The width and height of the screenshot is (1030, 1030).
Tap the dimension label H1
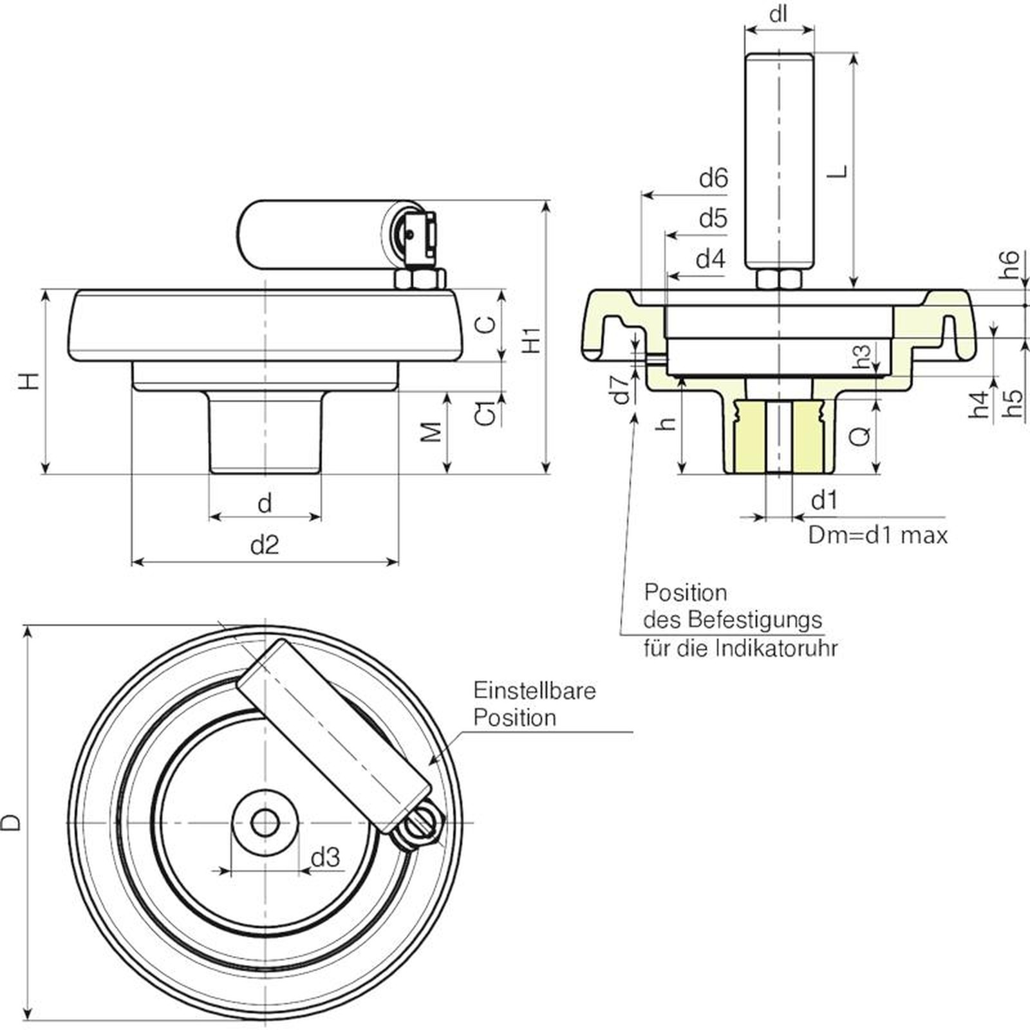532,339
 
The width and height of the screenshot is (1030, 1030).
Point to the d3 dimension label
325,857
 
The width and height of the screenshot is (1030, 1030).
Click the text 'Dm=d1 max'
877,536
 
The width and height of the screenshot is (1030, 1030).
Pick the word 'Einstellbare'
534,691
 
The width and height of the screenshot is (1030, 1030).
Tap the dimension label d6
713,178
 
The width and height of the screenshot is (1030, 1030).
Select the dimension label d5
713,219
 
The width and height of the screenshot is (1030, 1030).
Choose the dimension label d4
711,259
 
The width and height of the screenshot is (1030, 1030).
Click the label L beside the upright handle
838,171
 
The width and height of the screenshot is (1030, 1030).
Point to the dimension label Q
860,436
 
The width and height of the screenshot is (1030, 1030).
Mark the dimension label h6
1011,264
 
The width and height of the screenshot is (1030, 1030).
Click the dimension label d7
621,389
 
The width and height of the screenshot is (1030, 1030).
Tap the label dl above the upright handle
779,14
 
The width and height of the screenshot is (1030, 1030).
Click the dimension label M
433,432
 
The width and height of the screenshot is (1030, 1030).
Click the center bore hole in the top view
265,822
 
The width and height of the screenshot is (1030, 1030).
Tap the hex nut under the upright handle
779,279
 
